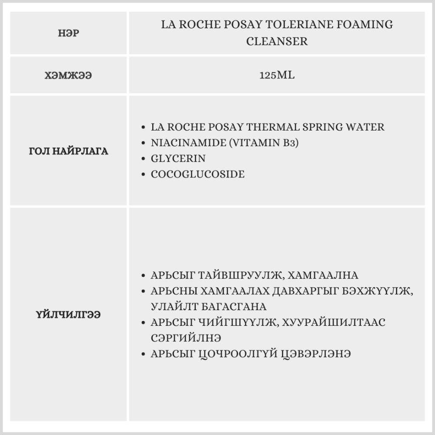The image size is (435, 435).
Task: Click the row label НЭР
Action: pos(69,33)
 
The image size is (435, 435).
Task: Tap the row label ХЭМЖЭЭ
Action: pos(68,75)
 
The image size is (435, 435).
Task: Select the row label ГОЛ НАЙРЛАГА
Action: pos(68,151)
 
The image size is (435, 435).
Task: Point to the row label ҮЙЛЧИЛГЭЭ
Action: pos(68,315)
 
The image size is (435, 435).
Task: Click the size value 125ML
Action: pos(277,75)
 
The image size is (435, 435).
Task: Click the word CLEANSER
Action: pos(277,41)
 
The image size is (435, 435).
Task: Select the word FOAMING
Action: pos(365,25)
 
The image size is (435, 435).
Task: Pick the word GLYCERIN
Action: pos(178,158)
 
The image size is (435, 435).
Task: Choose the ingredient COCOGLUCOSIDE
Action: pos(197,174)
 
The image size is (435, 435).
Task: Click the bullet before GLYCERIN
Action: pos(144,159)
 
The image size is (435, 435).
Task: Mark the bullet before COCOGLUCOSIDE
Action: pos(144,174)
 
